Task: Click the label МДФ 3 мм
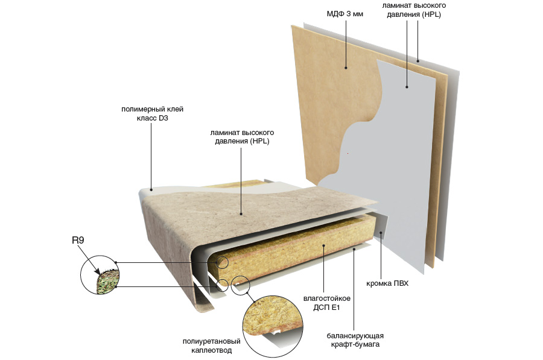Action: click(x=345, y=14)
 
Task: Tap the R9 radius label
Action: click(x=78, y=240)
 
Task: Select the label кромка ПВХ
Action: click(x=387, y=283)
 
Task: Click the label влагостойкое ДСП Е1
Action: click(x=326, y=303)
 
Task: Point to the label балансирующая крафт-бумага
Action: click(x=355, y=340)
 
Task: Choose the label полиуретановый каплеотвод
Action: click(x=211, y=346)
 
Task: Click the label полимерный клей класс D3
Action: click(x=152, y=113)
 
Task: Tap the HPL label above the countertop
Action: click(x=242, y=137)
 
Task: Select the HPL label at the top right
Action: click(x=414, y=10)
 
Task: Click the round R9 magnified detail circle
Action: click(x=100, y=275)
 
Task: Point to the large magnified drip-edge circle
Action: click(x=273, y=326)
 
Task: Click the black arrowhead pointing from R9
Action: click(x=97, y=271)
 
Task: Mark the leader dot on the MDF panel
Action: click(x=346, y=68)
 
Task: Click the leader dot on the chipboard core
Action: click(x=324, y=245)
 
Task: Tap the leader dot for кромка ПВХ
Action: click(x=381, y=233)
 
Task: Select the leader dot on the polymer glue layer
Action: click(x=151, y=190)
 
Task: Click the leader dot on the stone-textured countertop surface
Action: click(x=241, y=214)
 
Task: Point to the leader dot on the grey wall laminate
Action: click(x=407, y=87)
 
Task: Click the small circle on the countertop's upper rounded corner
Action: click(x=222, y=262)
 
